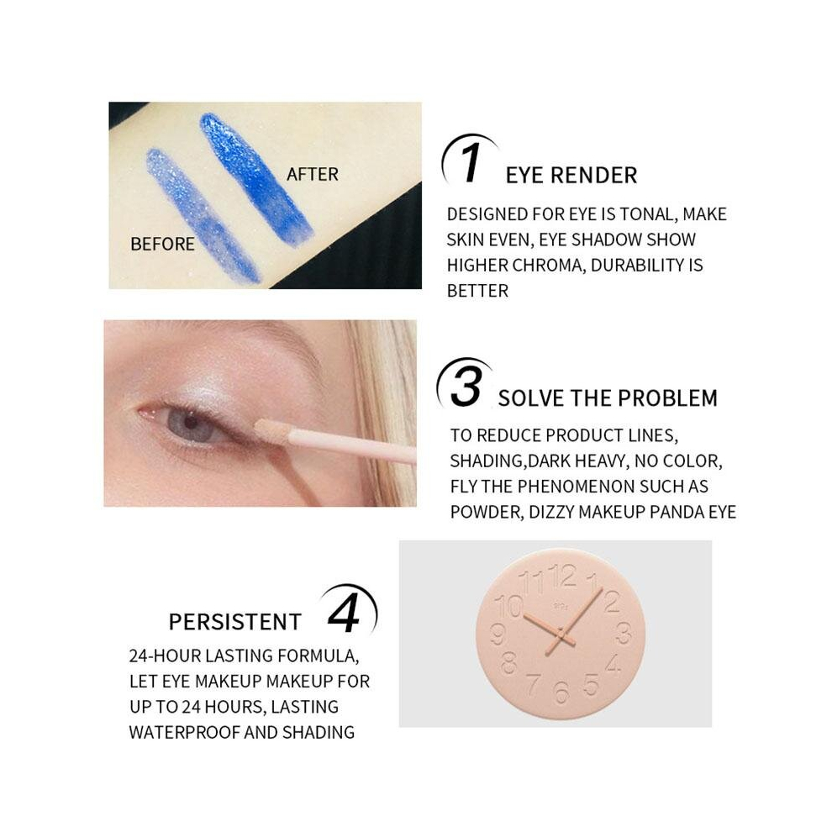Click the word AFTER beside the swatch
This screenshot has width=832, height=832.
[x=312, y=174]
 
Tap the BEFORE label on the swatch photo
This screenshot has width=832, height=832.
[x=162, y=244]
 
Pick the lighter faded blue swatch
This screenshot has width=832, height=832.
[x=203, y=215]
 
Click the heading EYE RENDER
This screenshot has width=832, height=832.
[x=571, y=176]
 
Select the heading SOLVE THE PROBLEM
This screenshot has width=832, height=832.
[x=608, y=398]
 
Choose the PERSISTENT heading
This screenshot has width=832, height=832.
[x=235, y=622]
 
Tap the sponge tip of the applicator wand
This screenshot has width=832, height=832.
[x=271, y=429]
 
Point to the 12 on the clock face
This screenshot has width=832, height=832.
[x=562, y=576]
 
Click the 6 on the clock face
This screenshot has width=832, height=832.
[x=561, y=692]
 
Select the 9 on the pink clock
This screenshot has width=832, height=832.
[x=498, y=634]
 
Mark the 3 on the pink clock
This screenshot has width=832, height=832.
[x=624, y=633]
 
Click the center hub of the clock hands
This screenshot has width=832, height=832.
[x=561, y=633]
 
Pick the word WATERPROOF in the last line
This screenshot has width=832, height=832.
[x=185, y=732]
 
